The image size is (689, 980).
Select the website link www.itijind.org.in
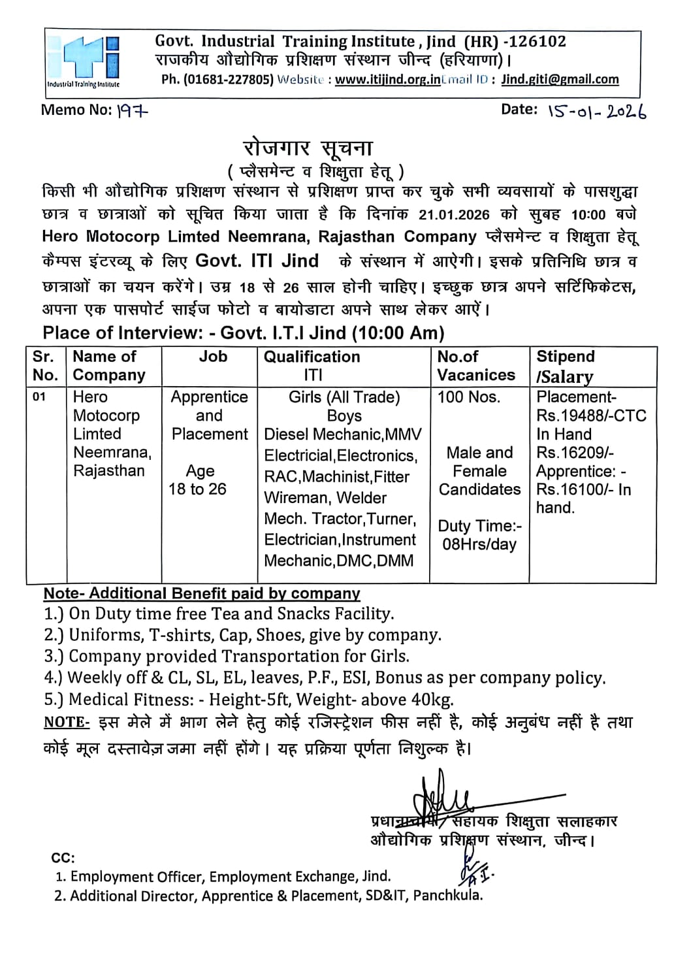click(x=387, y=80)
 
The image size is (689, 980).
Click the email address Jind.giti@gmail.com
click(x=560, y=80)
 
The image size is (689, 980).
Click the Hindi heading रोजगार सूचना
click(x=308, y=148)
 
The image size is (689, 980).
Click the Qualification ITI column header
click(x=312, y=365)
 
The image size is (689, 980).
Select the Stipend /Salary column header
click(x=566, y=366)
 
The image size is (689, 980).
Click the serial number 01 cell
click(x=40, y=397)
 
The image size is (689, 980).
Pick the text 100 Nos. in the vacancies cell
click(x=468, y=397)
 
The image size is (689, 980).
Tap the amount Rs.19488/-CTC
click(x=591, y=416)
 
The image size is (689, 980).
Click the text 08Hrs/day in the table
click(x=479, y=544)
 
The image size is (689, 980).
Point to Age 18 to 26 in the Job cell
click(x=198, y=480)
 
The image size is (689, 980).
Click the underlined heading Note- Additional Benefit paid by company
click(x=202, y=593)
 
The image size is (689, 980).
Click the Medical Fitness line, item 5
click(x=249, y=699)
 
